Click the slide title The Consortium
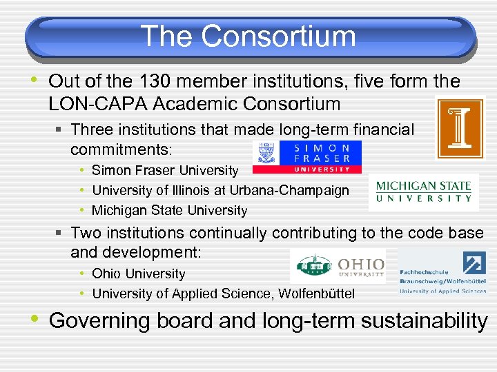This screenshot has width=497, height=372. tap(248, 36)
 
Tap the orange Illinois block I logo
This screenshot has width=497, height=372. tap(460, 128)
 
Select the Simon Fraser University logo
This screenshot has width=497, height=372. tap(306, 157)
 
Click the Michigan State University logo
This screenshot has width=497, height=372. tap(423, 192)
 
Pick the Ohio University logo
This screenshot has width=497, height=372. tap(338, 267)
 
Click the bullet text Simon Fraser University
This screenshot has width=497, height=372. tap(165, 170)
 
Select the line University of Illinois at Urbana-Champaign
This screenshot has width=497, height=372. tap(220, 190)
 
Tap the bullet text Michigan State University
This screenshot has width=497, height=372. tap(169, 210)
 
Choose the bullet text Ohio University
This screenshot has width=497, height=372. tap(139, 273)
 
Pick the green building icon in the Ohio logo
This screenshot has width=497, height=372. tap(312, 266)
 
